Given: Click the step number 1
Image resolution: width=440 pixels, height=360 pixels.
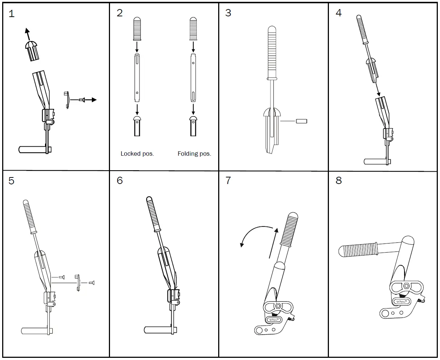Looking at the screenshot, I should point(12,14).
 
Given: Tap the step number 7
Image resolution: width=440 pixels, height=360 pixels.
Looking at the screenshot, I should point(228,180).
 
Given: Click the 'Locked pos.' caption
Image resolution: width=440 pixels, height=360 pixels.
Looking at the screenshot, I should point(137,154).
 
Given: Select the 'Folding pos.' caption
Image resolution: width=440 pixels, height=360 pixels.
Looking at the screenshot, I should point(194,154).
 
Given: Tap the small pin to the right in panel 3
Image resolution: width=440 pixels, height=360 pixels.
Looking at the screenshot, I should point(301,121).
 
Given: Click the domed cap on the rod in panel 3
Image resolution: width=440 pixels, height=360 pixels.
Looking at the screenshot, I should point(272,112).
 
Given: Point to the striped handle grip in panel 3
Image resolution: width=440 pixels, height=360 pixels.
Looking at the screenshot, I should point(272,53).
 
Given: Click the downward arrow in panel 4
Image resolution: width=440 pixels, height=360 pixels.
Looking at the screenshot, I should point(378,88).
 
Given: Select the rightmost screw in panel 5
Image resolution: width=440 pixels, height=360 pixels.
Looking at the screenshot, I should point(91,282).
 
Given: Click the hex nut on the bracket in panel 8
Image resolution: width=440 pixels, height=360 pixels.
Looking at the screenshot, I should point(407,286).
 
